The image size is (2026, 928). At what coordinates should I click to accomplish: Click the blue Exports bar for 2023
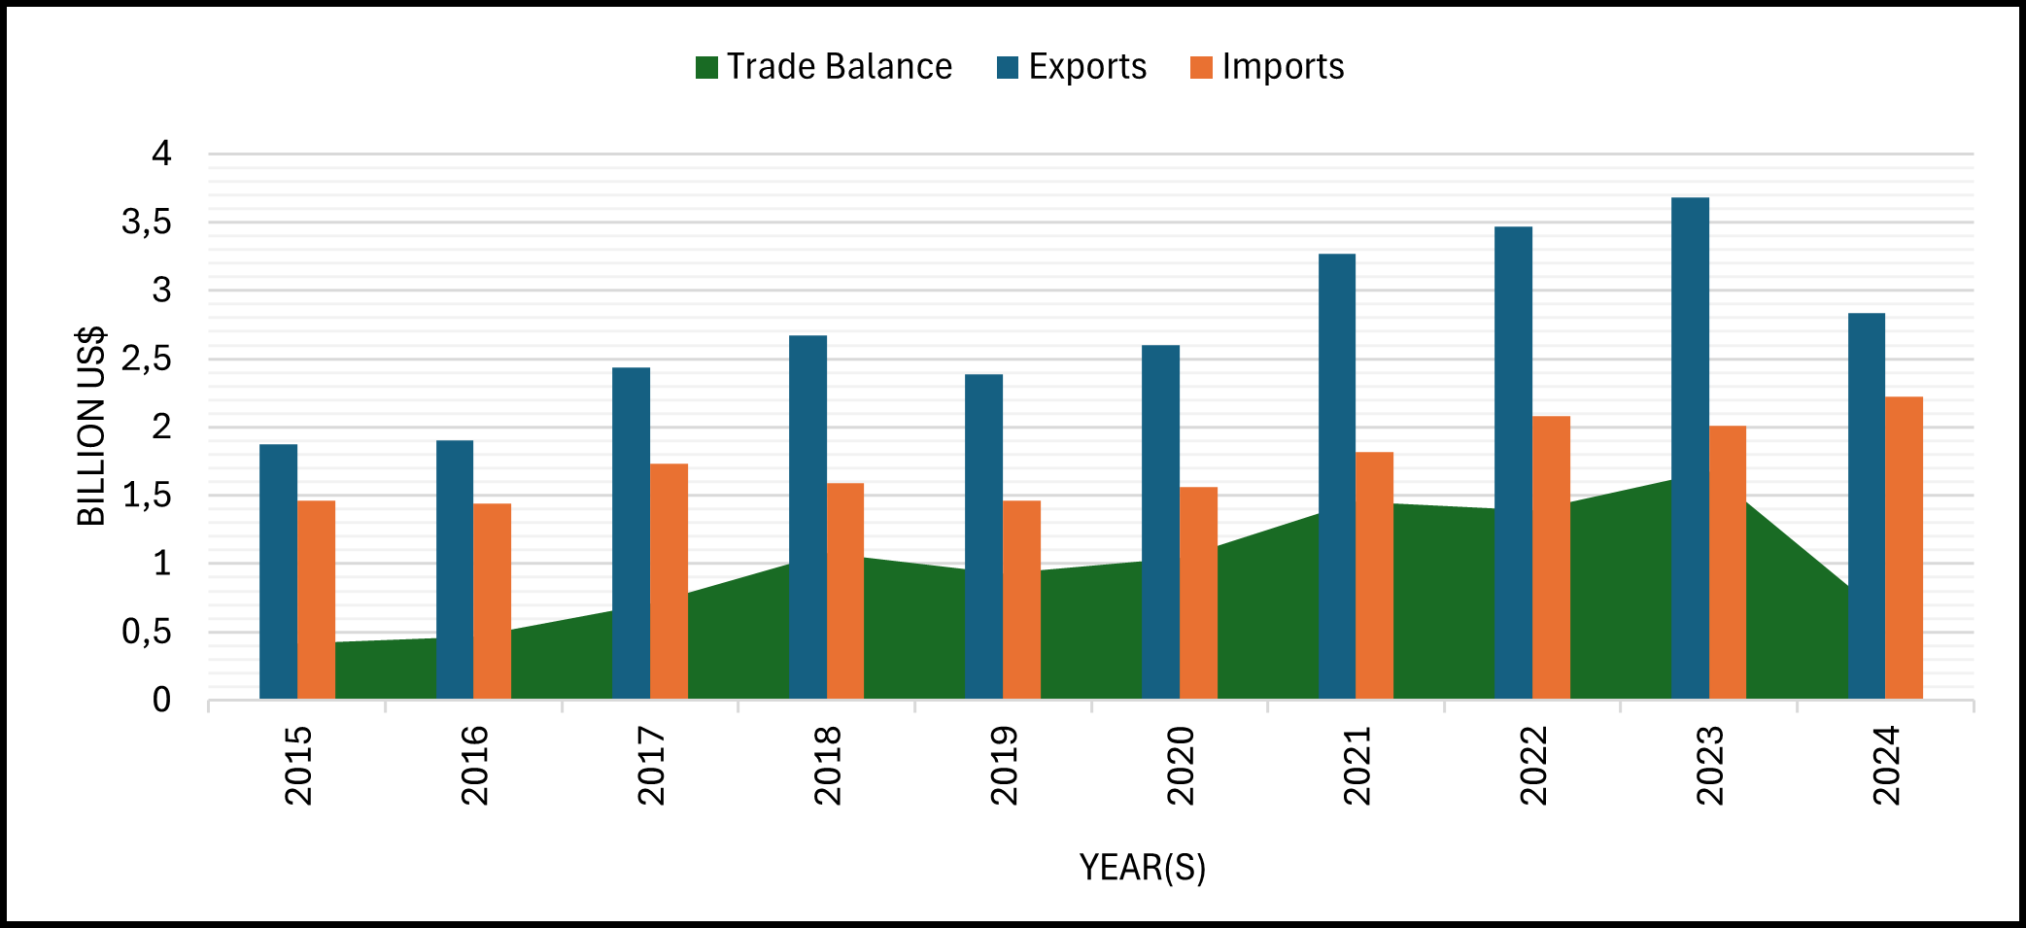point(1690,447)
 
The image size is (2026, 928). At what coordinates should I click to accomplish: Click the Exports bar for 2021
point(1337,476)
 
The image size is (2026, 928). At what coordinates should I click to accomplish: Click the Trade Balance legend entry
point(824,67)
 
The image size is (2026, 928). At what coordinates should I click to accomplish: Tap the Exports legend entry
point(1073,67)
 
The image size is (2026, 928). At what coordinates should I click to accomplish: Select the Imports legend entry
point(1268,67)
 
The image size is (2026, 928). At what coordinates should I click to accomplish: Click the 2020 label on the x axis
point(1180,766)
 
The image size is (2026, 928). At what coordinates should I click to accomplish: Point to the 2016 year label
point(474,766)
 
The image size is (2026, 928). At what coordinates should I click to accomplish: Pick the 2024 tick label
point(1886,766)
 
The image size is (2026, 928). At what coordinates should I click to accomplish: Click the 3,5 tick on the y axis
point(147,223)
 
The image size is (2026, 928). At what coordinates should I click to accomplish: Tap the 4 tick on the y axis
point(161,154)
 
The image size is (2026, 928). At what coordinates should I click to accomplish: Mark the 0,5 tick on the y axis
point(147,633)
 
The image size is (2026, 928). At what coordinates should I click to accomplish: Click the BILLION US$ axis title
point(91,427)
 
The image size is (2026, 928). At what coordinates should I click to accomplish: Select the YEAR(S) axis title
point(1142,867)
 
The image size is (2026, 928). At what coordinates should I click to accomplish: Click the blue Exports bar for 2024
point(1866,505)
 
